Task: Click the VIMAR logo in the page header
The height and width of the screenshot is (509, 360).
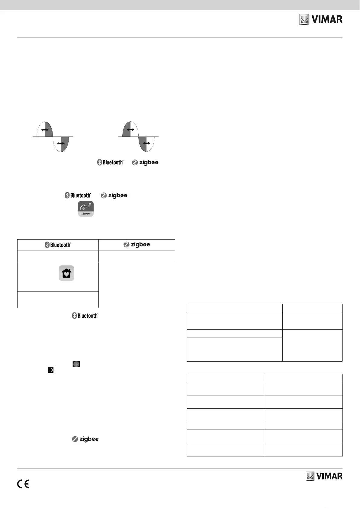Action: point(321,20)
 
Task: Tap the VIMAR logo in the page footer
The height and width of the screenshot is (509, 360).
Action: point(324,476)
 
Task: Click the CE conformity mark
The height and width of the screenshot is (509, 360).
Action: point(23,484)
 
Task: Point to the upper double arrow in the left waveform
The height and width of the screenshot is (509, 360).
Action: point(45,130)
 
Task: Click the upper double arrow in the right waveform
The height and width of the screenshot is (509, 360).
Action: point(130,130)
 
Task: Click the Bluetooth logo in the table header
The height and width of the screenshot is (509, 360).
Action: point(58,245)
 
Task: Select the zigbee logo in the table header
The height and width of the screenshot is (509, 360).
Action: point(137,244)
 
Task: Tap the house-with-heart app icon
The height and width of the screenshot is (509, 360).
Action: point(66,273)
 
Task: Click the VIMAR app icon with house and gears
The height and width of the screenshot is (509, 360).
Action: point(86,209)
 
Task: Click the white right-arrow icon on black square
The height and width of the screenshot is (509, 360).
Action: point(51,370)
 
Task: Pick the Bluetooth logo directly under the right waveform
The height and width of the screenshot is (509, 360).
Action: point(110,163)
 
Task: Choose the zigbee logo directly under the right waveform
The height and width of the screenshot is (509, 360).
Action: point(145,163)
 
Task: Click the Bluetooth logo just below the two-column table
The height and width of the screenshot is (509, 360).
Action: point(85,316)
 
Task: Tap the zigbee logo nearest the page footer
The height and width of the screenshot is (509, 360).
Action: point(85,439)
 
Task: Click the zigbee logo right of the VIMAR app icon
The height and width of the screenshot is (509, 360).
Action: point(114,195)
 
